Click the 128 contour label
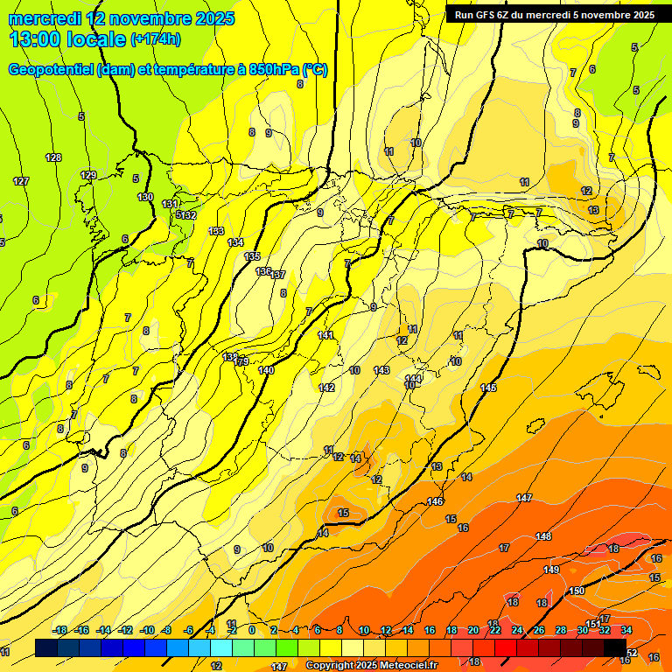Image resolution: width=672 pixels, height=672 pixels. click(x=53, y=157)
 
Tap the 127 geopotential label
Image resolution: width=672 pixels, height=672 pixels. click(x=21, y=181)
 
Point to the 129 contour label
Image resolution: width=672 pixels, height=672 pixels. click(x=88, y=176)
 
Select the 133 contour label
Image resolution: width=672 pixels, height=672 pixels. click(x=216, y=231)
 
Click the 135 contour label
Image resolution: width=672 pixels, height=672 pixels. click(x=252, y=256)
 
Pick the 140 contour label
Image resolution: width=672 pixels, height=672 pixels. click(x=267, y=370)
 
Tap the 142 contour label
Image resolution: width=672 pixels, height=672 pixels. click(x=326, y=387)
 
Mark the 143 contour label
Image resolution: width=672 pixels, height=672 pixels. click(x=381, y=370)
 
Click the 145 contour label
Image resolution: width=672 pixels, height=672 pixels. click(x=488, y=387)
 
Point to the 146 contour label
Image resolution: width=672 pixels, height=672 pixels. click(x=435, y=501)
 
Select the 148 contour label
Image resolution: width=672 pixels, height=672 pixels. click(x=543, y=535)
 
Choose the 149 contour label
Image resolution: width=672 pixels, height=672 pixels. click(x=551, y=570)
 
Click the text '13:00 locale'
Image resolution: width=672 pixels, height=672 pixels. click(x=67, y=38)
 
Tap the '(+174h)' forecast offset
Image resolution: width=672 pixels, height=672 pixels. click(x=156, y=39)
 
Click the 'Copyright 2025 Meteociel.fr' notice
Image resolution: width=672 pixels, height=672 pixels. click(x=371, y=665)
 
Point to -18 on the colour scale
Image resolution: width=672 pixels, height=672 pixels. click(x=60, y=630)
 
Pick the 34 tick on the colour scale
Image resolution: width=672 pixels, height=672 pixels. click(x=626, y=630)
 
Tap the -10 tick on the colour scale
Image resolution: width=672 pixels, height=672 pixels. click(x=148, y=630)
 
